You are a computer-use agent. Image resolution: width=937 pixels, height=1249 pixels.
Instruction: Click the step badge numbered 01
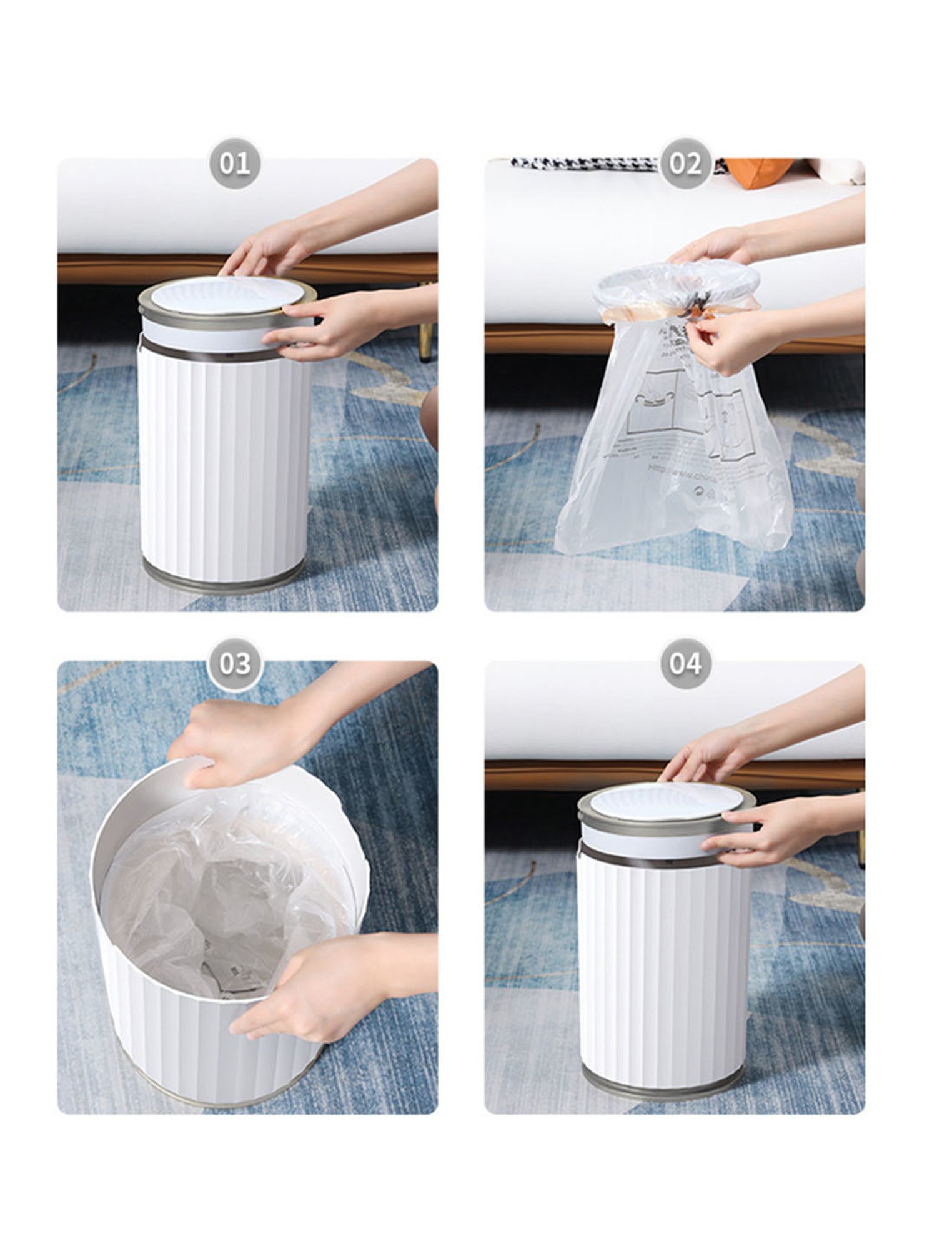click(x=234, y=164)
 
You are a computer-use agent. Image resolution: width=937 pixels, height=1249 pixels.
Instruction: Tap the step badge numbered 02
click(x=685, y=164)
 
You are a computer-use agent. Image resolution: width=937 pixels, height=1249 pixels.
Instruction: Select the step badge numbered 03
click(x=234, y=663)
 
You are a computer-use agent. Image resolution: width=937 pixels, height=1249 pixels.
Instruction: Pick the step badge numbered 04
click(x=685, y=663)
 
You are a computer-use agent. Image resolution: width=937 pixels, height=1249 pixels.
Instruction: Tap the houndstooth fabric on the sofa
click(x=581, y=164)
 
